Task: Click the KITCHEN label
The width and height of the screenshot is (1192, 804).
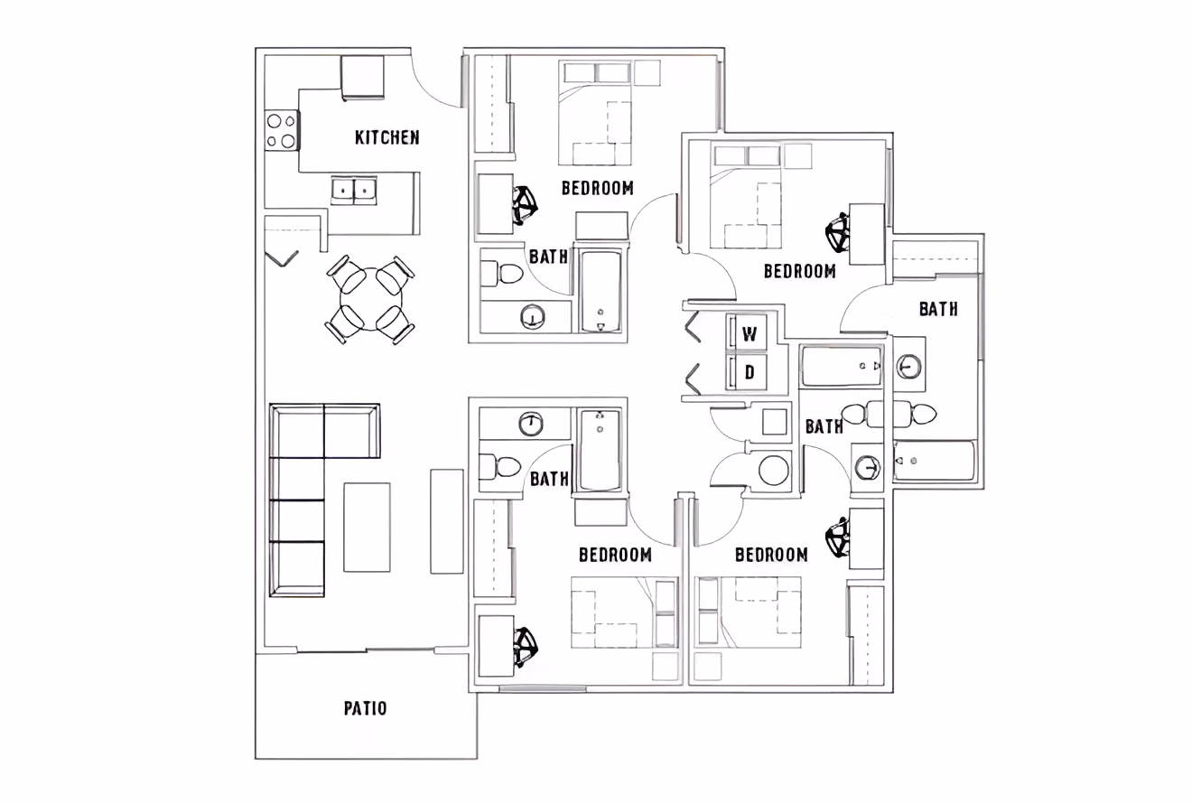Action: click(386, 137)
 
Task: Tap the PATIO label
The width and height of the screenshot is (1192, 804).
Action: click(366, 708)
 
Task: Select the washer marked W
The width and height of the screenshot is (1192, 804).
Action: click(750, 334)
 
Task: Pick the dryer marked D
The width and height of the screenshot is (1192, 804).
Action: click(750, 371)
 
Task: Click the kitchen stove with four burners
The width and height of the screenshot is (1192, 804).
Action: click(282, 129)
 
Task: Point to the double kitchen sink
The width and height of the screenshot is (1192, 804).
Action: click(354, 191)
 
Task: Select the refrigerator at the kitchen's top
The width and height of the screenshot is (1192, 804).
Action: click(363, 77)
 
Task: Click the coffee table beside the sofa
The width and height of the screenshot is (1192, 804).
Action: click(368, 527)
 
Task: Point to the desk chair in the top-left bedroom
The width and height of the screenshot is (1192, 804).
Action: click(525, 205)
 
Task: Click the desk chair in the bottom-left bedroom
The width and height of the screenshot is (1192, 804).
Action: click(525, 647)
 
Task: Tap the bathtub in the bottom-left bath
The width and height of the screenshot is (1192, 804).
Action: click(600, 450)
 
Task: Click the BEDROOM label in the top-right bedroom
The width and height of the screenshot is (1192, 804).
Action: click(799, 271)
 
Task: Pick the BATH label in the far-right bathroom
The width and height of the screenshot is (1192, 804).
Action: click(938, 309)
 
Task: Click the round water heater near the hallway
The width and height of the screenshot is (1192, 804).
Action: click(774, 471)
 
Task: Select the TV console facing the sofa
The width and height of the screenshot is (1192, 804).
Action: click(447, 520)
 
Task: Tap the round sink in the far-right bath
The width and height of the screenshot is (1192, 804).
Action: click(909, 367)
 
